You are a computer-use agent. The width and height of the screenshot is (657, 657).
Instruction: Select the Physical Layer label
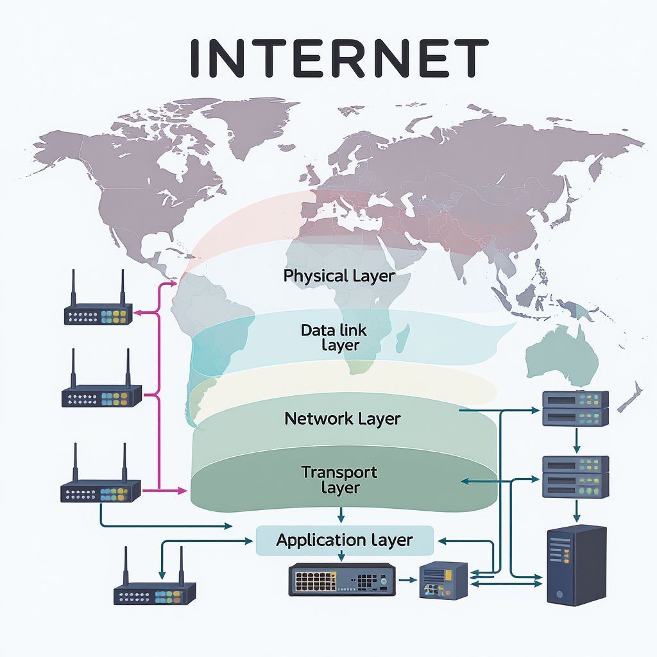[x=339, y=277]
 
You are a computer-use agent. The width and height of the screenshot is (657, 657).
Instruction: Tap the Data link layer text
[x=334, y=337]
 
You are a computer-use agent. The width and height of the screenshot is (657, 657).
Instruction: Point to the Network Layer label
[x=342, y=419]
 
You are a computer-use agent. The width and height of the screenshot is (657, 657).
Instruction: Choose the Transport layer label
[x=339, y=480]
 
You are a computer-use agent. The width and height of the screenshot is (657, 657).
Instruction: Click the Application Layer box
[x=345, y=540]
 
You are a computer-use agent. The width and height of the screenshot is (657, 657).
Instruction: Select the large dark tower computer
[x=576, y=564]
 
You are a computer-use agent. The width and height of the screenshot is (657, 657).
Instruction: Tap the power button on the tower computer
[x=561, y=593]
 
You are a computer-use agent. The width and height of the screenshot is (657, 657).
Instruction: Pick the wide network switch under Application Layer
[x=341, y=579]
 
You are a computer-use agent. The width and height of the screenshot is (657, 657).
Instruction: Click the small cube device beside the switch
[x=443, y=581]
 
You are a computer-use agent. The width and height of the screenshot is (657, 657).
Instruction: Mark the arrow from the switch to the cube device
[x=407, y=579]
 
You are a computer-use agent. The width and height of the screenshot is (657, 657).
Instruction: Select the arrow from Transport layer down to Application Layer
[x=341, y=515]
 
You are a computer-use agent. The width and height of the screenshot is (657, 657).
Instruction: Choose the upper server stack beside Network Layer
[x=575, y=408]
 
